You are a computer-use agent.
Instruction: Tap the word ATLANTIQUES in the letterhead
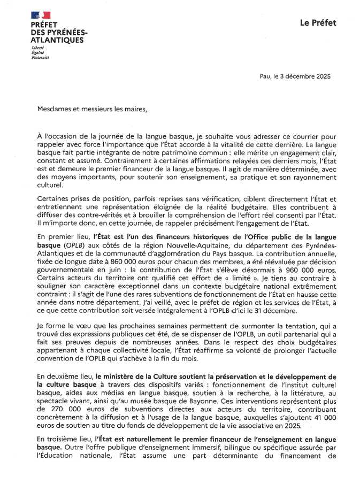pos(57,40)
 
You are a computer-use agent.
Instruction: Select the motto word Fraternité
pos(40,57)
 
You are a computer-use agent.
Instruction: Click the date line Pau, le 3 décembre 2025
pos(295,76)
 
